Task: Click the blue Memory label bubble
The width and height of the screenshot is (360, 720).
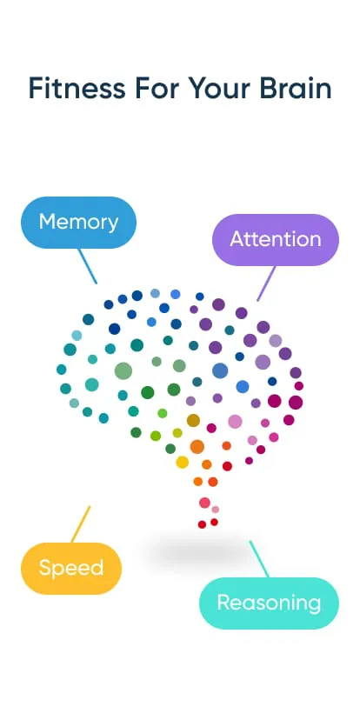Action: click(78, 223)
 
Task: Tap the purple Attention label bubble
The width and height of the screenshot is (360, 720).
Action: click(275, 239)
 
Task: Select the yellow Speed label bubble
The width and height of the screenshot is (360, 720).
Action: click(71, 569)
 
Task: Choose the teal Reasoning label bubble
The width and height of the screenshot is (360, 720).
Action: click(269, 603)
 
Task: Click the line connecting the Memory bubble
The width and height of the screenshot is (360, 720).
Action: click(88, 266)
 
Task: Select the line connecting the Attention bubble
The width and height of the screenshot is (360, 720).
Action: click(266, 283)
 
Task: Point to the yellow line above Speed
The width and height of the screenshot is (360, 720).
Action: click(80, 524)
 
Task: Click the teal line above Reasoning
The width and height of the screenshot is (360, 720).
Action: click(259, 558)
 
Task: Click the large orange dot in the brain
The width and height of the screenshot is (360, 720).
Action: click(197, 447)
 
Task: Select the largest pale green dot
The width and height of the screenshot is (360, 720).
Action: click(123, 371)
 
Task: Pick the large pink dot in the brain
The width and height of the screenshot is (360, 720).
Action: click(235, 422)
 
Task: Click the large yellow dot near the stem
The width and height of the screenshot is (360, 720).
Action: click(183, 462)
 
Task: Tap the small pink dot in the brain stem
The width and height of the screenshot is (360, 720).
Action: click(216, 510)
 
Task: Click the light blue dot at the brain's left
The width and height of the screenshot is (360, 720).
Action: click(77, 336)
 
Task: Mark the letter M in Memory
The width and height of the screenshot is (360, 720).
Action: click(47, 222)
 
